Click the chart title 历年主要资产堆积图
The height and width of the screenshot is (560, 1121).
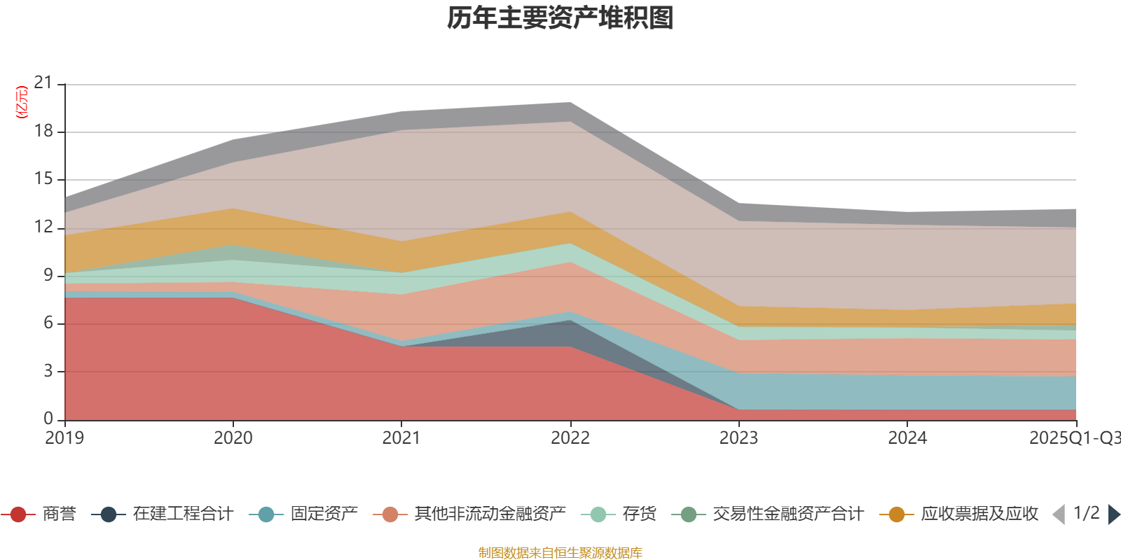(x=560, y=19)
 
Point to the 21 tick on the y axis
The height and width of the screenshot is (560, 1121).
(x=43, y=83)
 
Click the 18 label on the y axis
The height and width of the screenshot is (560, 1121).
(x=43, y=132)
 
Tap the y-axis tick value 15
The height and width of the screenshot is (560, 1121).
(x=43, y=179)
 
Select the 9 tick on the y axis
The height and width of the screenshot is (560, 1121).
(x=48, y=275)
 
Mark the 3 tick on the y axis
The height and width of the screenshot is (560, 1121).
(x=48, y=371)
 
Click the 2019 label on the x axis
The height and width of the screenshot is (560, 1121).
(x=64, y=438)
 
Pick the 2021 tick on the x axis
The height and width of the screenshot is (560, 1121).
(x=401, y=438)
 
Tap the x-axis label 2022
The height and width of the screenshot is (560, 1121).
(x=570, y=438)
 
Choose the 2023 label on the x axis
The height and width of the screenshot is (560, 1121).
(x=738, y=438)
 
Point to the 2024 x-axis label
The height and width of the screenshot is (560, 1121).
(x=907, y=438)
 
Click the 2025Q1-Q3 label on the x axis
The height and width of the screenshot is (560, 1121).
(x=1073, y=438)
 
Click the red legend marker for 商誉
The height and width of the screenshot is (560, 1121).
(x=18, y=514)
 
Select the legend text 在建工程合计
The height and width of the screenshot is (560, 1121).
(x=182, y=514)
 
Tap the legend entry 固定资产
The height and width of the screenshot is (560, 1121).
(x=324, y=514)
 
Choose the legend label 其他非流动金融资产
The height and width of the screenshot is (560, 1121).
(x=489, y=514)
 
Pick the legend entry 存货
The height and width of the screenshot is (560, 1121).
(x=639, y=514)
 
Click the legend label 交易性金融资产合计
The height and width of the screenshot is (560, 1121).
(x=788, y=514)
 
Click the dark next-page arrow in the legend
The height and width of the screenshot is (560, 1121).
(x=1113, y=514)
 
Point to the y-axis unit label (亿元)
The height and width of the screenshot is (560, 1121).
(x=22, y=102)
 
